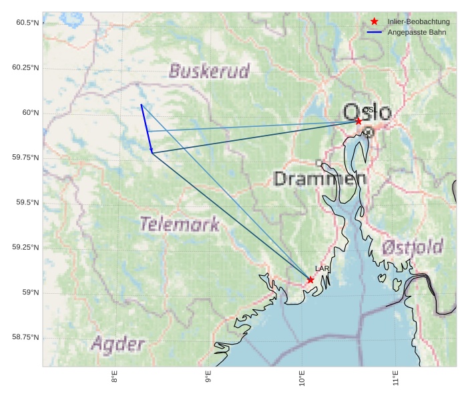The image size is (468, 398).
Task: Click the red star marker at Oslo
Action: tap(359, 121)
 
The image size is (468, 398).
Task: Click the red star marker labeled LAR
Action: tap(310, 280)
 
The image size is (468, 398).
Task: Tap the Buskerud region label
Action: tap(209, 71)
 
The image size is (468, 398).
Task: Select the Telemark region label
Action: tap(179, 224)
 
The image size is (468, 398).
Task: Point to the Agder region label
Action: tap(118, 345)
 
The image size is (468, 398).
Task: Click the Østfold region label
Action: tap(412, 248)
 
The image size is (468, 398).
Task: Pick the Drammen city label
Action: tap(320, 179)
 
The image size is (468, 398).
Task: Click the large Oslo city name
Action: tap(367, 112)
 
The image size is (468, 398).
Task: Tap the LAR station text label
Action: tap(322, 268)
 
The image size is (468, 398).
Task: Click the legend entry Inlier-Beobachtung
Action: tap(419, 22)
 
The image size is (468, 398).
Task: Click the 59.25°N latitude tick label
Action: tap(25, 248)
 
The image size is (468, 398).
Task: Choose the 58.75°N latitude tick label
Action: tap(25, 337)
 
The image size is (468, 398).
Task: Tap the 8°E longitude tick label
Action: tap(115, 378)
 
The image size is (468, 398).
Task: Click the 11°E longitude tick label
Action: tap(396, 378)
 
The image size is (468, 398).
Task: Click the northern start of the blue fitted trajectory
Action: tap(141, 105)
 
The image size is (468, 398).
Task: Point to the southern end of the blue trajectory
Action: tap(152, 153)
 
